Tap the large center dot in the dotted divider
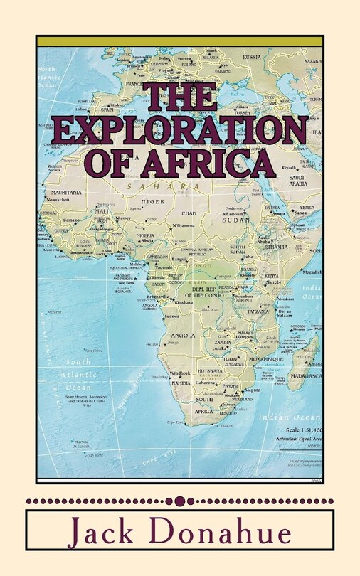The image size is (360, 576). point(180,501)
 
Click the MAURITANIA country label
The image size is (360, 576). point(65,193)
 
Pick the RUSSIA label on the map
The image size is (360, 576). point(253,57)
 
